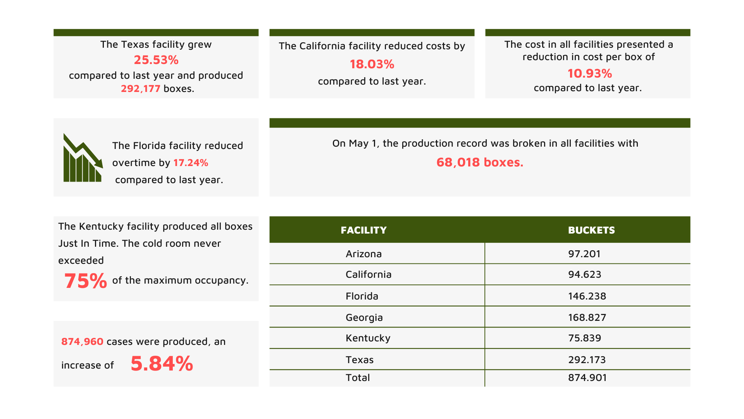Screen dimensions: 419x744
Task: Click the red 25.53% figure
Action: point(156,60)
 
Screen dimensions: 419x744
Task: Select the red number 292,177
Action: point(140,89)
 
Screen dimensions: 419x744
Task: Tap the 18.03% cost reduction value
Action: point(372,64)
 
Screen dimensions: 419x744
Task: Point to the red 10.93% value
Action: point(589,73)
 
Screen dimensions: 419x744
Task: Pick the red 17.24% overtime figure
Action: point(191,163)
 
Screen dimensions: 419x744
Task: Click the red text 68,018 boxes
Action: point(480,162)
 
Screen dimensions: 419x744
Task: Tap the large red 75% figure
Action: point(85,280)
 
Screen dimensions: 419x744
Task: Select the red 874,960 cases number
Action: point(82,341)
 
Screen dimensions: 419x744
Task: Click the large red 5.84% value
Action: point(162,364)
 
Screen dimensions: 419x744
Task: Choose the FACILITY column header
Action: point(363,230)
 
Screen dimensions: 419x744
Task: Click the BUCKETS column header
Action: point(591,230)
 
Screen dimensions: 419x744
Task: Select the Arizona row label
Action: point(363,254)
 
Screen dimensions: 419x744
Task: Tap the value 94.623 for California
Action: point(584,274)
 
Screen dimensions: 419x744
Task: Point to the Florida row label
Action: point(362,296)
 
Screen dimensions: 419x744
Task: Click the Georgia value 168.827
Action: point(587,317)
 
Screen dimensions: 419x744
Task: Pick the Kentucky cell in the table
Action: point(368,338)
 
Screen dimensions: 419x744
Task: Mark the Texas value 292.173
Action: point(587,360)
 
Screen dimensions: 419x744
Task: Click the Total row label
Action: point(358,377)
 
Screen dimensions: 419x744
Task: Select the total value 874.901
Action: point(587,377)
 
